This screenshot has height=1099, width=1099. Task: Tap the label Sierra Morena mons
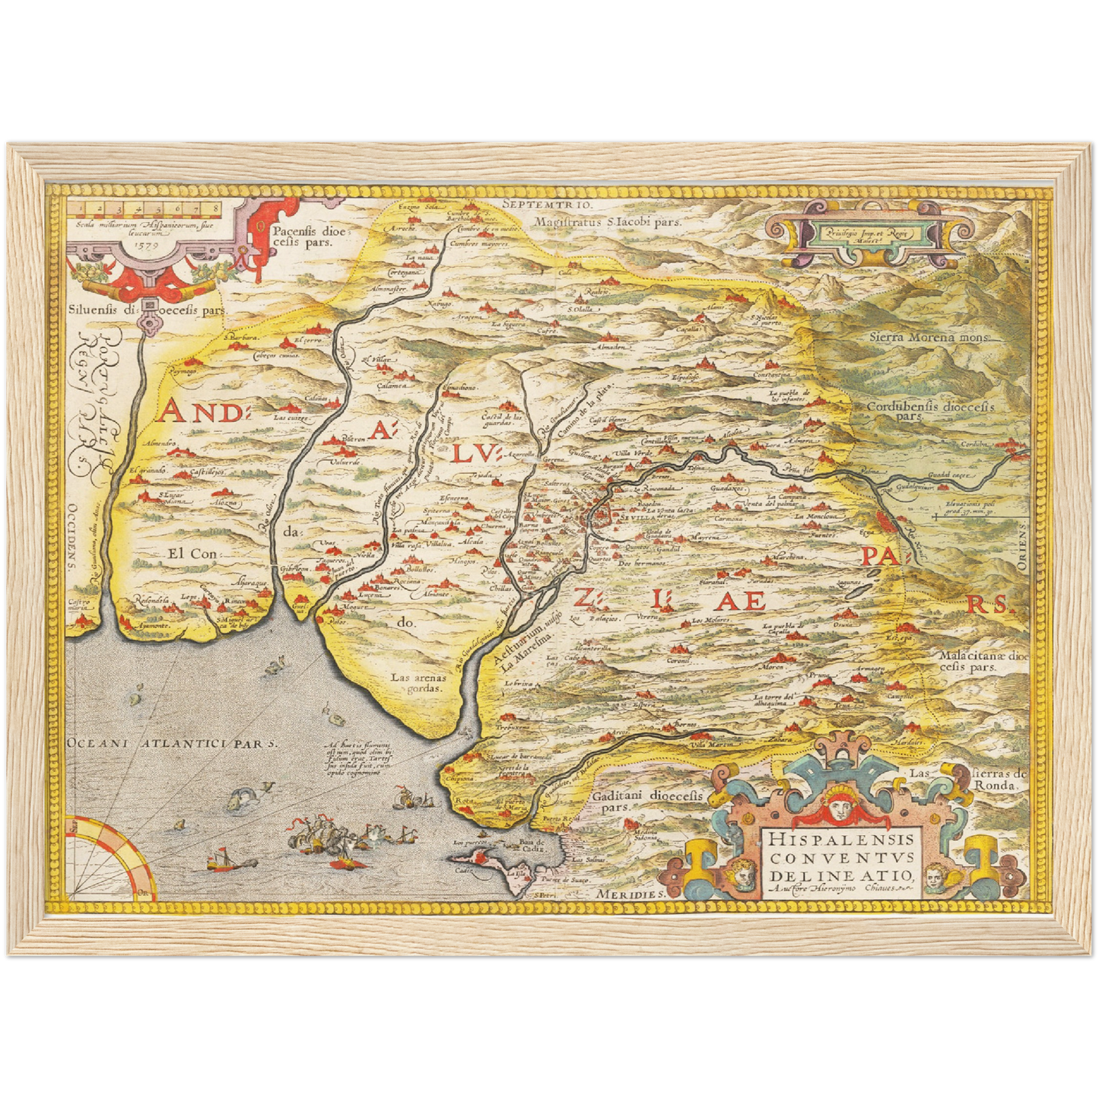929,337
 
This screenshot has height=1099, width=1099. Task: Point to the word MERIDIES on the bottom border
630,894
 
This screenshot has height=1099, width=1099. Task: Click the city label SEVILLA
637,516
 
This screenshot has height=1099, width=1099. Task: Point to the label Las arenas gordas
416,682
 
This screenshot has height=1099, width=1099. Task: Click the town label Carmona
729,519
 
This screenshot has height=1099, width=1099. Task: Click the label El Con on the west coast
193,554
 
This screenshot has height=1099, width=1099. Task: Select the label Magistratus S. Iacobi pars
606,222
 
